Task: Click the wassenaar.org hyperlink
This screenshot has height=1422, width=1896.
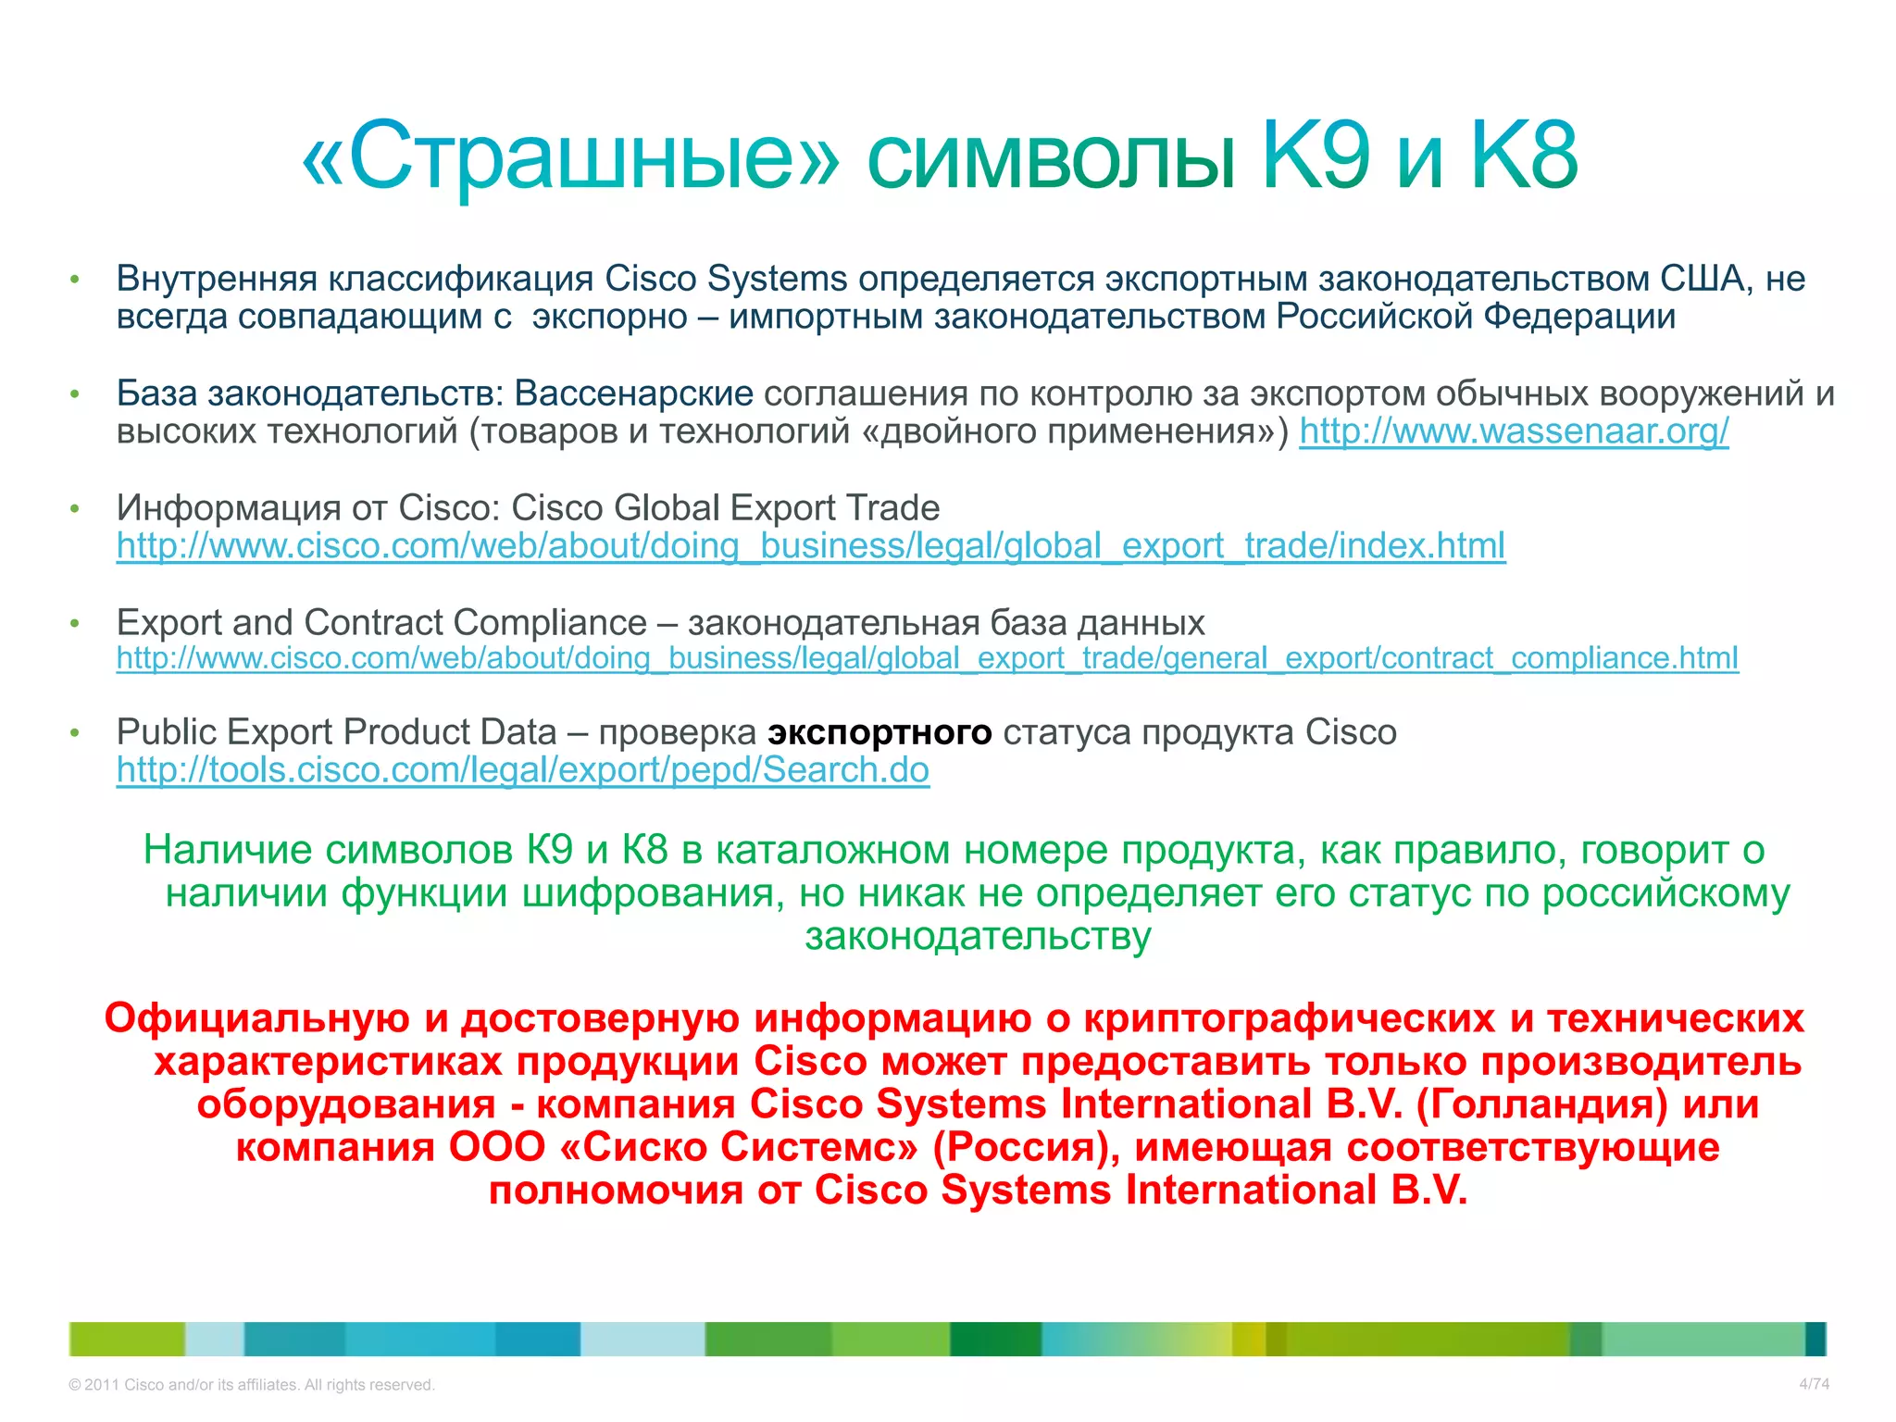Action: (1514, 431)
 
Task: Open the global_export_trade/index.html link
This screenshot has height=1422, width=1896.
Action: (811, 546)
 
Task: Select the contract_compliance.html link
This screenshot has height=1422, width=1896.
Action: (927, 658)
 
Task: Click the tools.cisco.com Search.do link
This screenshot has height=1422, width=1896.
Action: (523, 770)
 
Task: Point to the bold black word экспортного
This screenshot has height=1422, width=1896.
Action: (879, 732)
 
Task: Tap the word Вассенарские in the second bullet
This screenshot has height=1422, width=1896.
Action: (634, 393)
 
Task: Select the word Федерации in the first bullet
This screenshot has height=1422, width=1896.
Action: (1579, 317)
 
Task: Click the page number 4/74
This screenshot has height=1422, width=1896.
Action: (1814, 1384)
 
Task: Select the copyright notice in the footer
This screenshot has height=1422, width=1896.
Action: (251, 1385)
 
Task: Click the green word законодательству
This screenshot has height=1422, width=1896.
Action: (978, 936)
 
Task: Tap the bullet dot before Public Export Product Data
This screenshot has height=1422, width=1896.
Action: (76, 733)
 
